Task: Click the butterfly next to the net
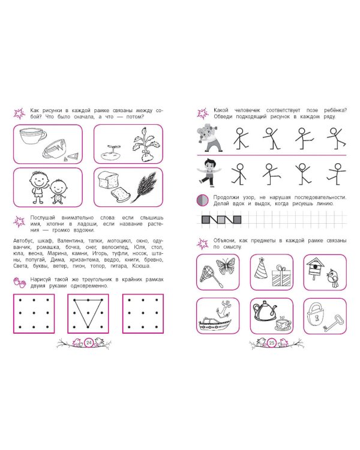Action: pos(225,266)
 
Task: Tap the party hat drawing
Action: pos(260,268)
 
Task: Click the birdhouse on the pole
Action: pos(315,268)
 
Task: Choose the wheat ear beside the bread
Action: pos(146,187)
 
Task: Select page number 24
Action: pos(89,343)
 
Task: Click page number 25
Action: pos(272,343)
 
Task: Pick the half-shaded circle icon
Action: pos(202,200)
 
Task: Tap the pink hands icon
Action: pos(20,282)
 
